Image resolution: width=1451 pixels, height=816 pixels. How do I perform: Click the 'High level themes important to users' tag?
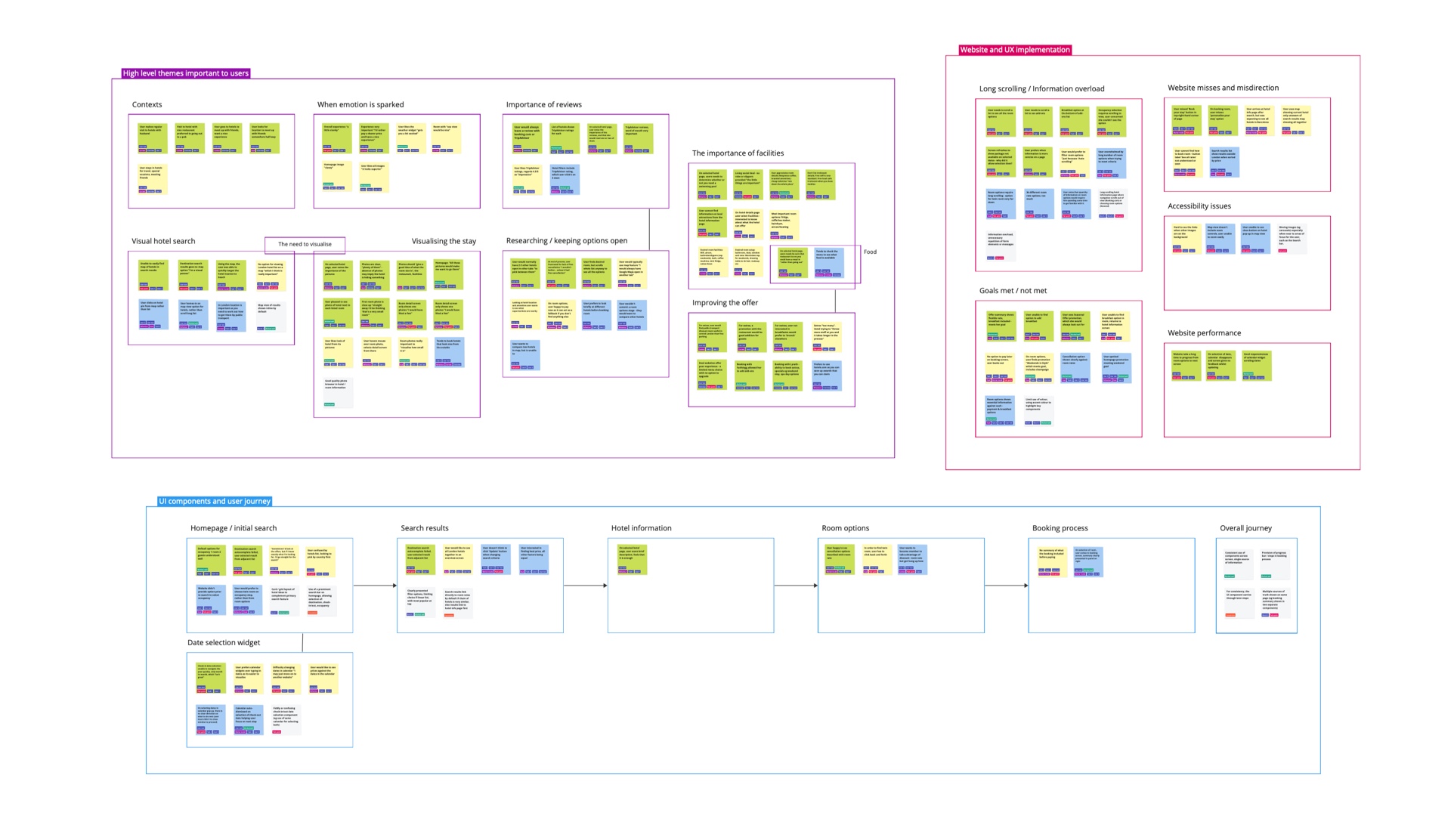pyautogui.click(x=185, y=73)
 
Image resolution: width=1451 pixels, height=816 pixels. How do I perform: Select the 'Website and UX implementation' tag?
pyautogui.click(x=1014, y=50)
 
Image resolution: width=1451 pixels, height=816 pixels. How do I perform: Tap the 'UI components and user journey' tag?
pyautogui.click(x=215, y=501)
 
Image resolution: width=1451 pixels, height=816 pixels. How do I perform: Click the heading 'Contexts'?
pyautogui.click(x=147, y=105)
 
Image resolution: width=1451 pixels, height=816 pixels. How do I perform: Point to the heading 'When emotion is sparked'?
pyautogui.click(x=360, y=105)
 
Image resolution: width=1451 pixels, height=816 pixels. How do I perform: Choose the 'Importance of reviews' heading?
pyautogui.click(x=543, y=105)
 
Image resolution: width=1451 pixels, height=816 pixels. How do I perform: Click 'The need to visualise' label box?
pyautogui.click(x=305, y=244)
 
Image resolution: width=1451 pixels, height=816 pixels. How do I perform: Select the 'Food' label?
pyautogui.click(x=870, y=252)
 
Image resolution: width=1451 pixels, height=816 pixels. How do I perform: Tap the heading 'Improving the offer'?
pyautogui.click(x=725, y=303)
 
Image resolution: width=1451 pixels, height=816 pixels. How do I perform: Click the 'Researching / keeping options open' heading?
pyautogui.click(x=566, y=241)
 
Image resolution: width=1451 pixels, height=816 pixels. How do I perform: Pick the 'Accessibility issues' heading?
pyautogui.click(x=1199, y=206)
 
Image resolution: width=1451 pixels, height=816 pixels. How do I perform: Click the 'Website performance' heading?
pyautogui.click(x=1204, y=333)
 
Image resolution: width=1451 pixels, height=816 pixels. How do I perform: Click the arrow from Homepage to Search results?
pyautogui.click(x=375, y=585)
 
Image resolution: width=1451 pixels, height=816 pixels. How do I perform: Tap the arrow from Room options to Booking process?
pyautogui.click(x=1006, y=585)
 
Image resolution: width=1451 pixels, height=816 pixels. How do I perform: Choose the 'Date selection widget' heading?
pyautogui.click(x=224, y=643)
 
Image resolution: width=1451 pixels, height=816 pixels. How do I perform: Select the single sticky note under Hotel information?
pyautogui.click(x=631, y=559)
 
